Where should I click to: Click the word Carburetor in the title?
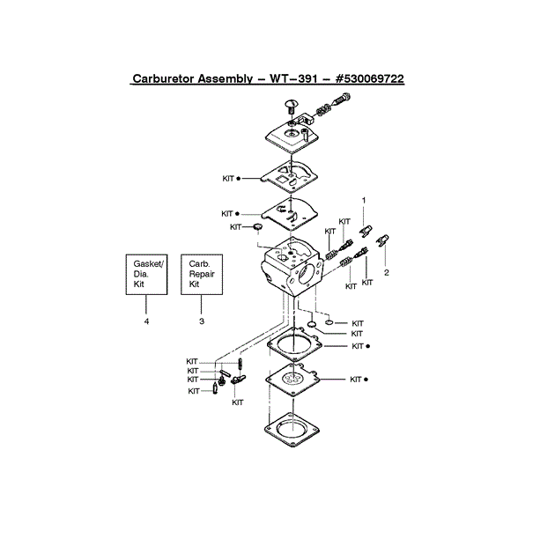coord(165,78)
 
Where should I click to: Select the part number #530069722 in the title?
coord(364,78)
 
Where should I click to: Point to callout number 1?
coord(363,200)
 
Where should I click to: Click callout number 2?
coord(385,272)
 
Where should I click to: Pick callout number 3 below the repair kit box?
coord(202,321)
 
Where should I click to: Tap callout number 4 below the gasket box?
coord(146,321)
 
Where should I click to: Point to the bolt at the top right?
coord(331,110)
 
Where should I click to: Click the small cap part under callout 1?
coord(363,232)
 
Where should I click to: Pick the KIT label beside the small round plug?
coord(235,227)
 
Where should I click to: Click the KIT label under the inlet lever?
coord(238,402)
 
